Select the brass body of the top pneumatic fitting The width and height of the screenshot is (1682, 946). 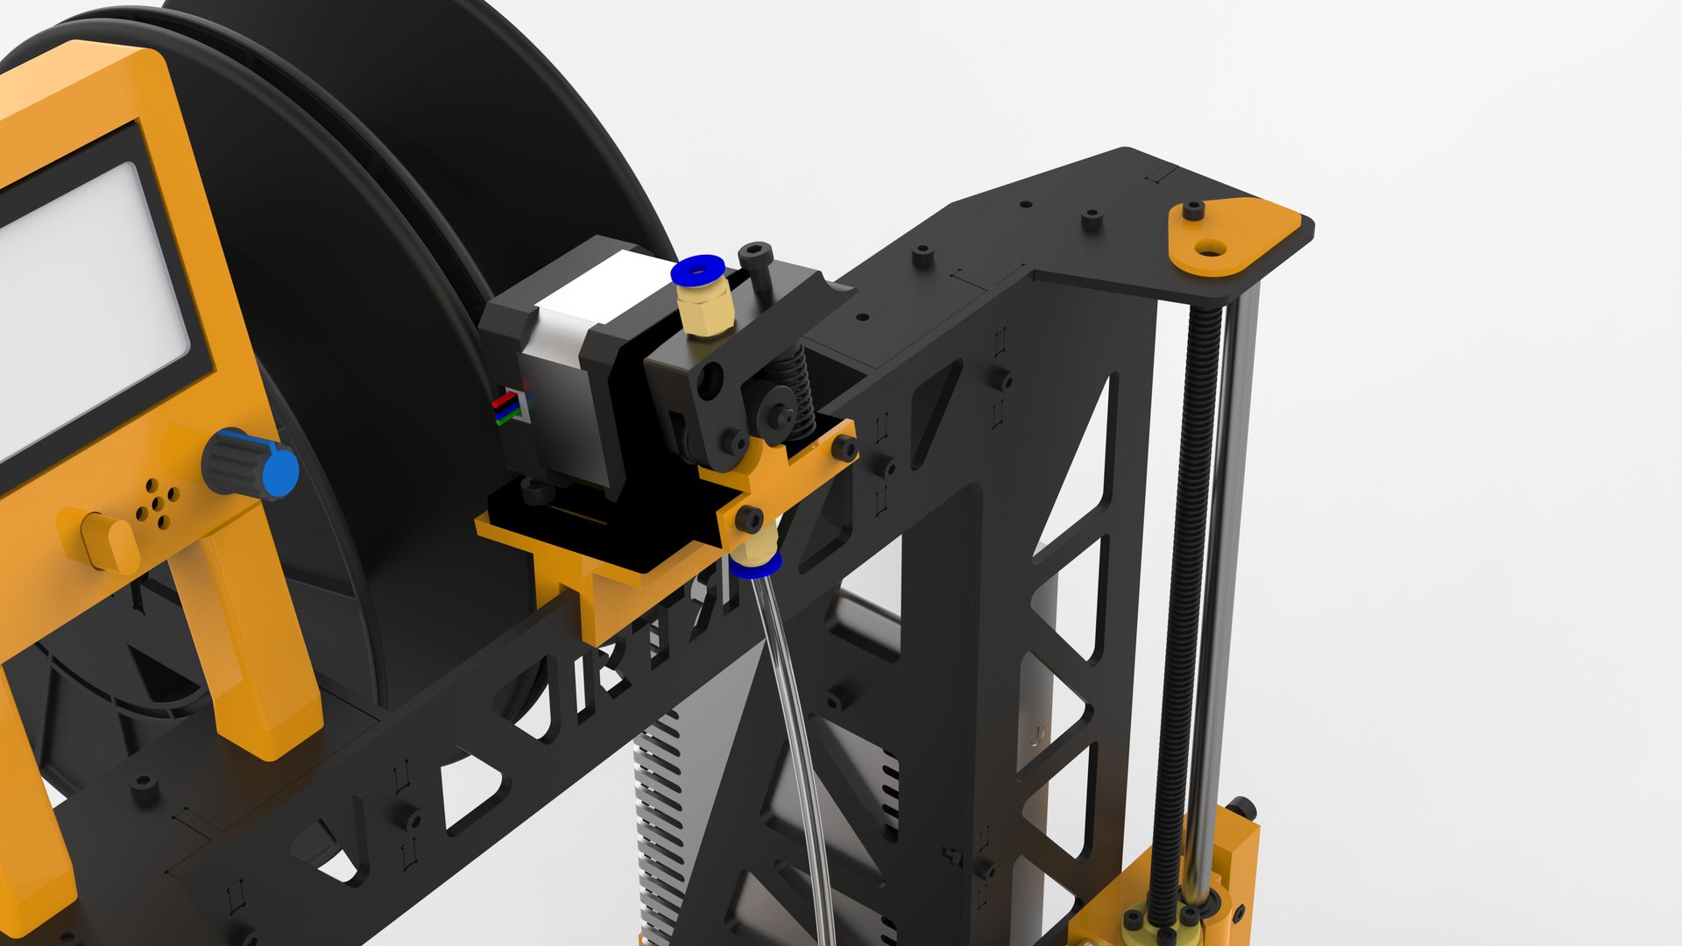tap(706, 312)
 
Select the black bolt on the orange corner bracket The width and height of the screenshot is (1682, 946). tap(1193, 211)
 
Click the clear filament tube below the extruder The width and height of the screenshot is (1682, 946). tap(793, 701)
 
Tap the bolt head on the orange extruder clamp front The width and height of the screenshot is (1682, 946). tap(749, 519)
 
